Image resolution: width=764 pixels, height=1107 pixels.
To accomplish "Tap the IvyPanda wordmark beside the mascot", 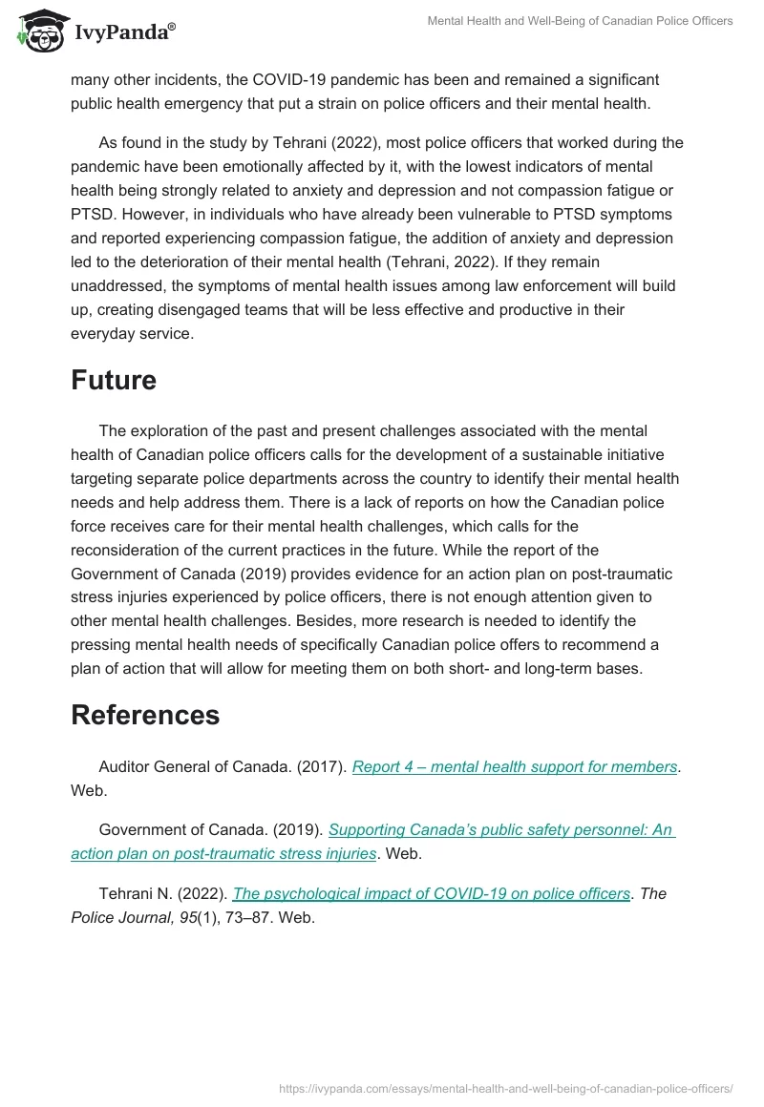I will (x=124, y=32).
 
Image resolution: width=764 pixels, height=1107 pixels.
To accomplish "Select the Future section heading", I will (x=114, y=380).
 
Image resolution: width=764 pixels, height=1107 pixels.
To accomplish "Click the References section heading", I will (x=145, y=715).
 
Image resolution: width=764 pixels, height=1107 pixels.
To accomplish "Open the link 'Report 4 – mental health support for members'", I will (x=515, y=767).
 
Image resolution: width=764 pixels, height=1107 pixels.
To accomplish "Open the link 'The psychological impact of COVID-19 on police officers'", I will (x=431, y=894).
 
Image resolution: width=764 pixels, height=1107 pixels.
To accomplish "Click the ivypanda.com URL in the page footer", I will (x=505, y=1087).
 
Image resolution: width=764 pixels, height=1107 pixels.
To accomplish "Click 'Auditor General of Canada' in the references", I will (x=187, y=767).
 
